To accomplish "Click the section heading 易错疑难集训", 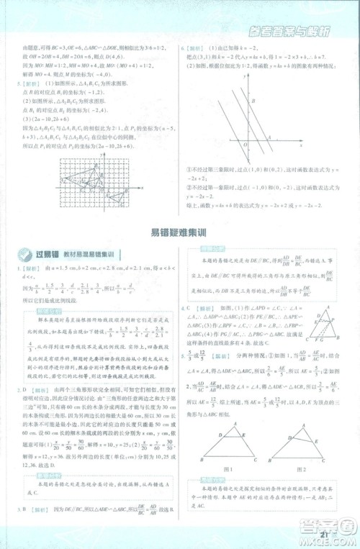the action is (x=179, y=232).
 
